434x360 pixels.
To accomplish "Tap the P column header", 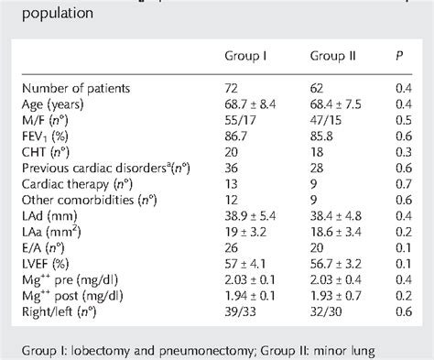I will (x=398, y=55).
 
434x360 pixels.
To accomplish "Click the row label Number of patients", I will (x=90, y=88).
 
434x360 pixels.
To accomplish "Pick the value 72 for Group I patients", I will (x=233, y=88).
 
